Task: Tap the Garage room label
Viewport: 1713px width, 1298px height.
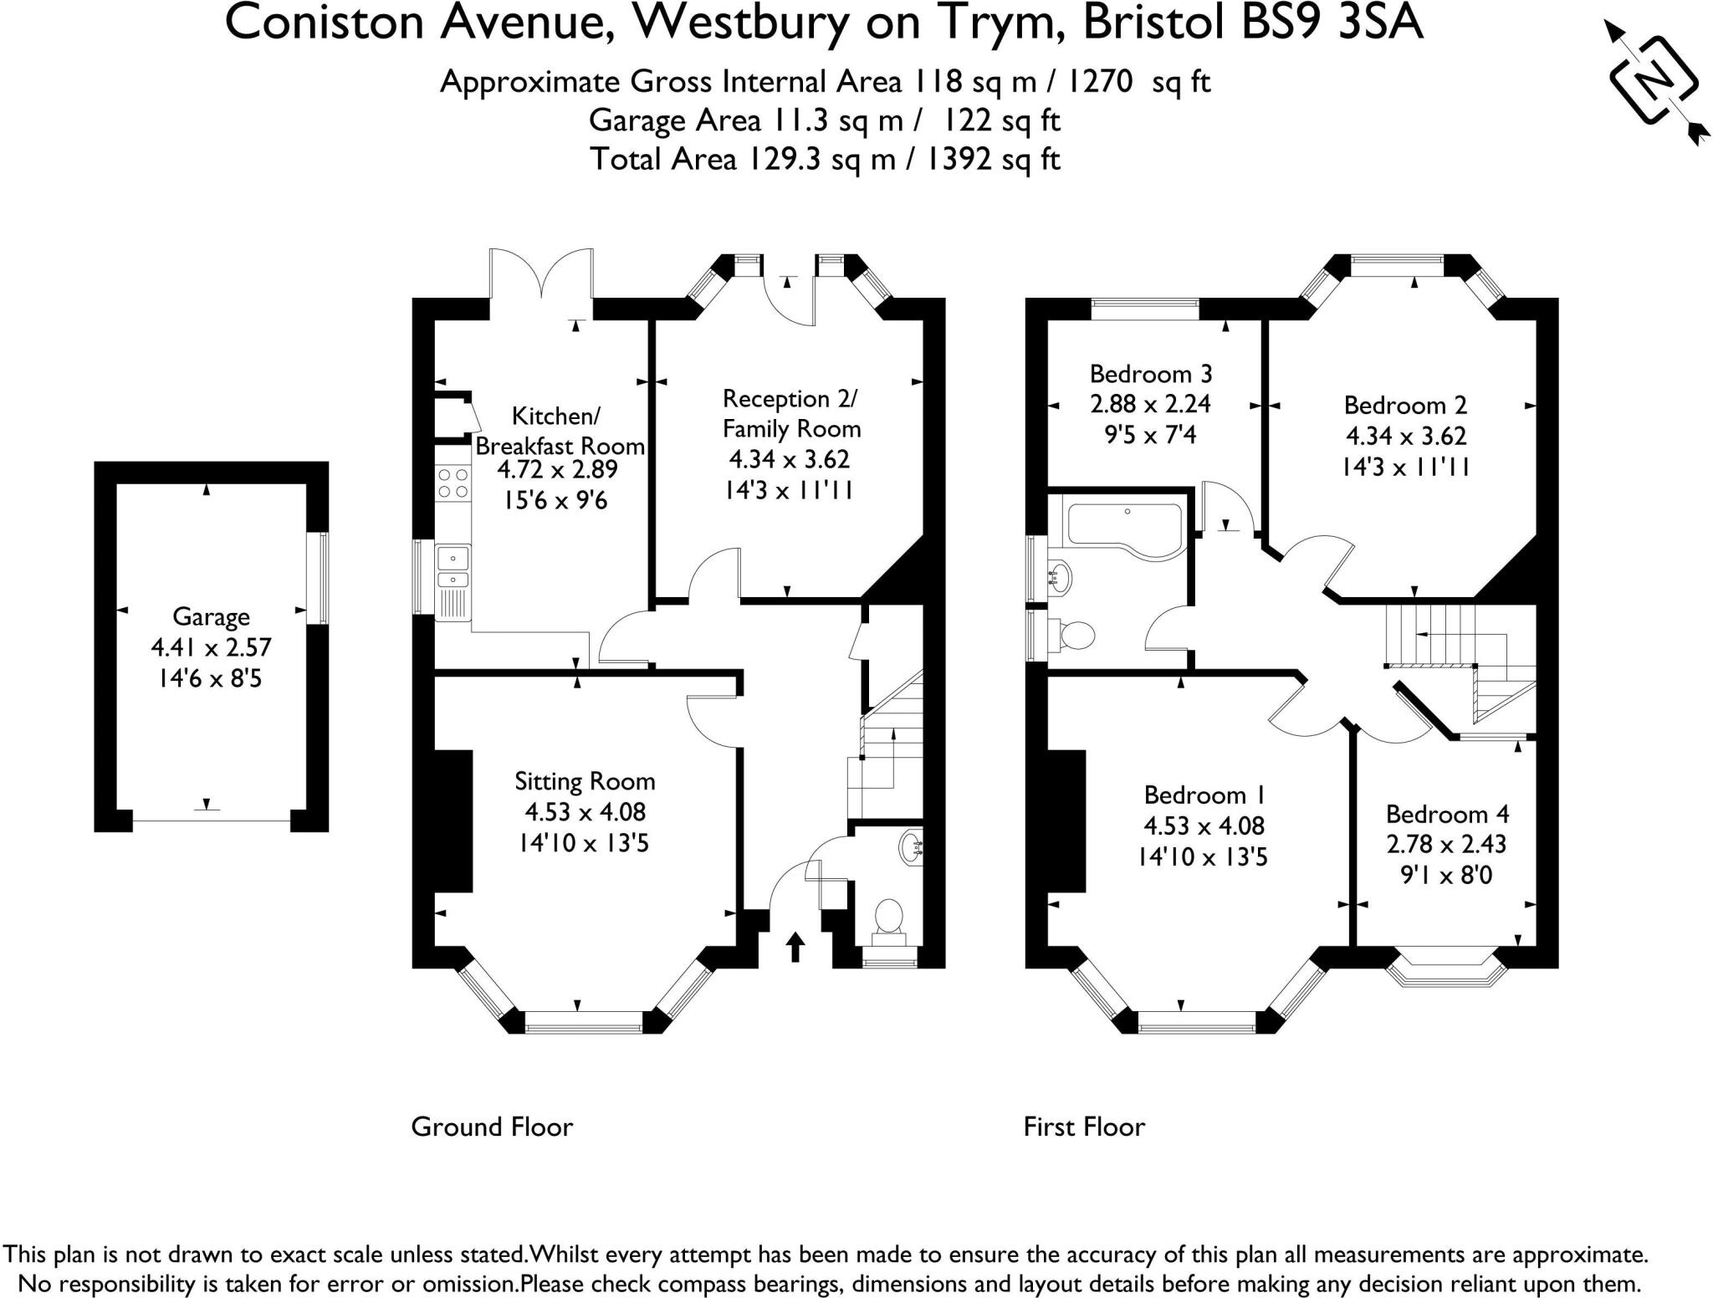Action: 211,616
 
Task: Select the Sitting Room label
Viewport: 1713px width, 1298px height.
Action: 585,781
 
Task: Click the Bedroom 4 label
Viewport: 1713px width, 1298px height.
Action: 1448,814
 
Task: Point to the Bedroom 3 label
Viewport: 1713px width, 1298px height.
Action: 1151,373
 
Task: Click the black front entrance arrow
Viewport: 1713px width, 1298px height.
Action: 795,948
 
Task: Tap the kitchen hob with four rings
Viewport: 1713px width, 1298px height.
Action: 453,483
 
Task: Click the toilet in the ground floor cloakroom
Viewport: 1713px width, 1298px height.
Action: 888,917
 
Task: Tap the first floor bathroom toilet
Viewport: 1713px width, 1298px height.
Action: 1075,635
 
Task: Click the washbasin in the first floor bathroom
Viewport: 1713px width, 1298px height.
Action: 1060,576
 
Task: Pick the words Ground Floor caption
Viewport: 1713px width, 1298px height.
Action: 492,1127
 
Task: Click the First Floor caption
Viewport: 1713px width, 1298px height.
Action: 1084,1127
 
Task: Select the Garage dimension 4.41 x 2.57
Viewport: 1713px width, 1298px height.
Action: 211,647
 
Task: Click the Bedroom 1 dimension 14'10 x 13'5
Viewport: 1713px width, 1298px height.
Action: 1203,856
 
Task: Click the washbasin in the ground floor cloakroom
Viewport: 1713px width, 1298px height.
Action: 911,848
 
